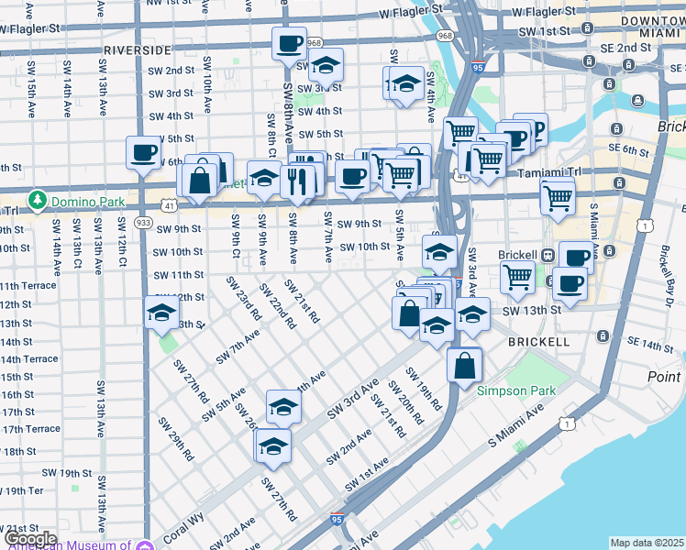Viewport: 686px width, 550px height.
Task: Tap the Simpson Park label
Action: (x=515, y=390)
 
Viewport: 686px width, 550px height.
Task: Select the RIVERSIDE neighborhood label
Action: (x=137, y=49)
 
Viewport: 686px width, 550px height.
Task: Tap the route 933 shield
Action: (x=143, y=223)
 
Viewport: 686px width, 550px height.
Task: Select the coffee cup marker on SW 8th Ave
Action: (x=289, y=45)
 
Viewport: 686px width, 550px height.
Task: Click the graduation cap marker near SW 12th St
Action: (x=161, y=313)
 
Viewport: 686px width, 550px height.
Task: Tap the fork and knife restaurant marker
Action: (x=295, y=180)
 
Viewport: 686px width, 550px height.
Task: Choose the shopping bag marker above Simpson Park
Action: (x=465, y=365)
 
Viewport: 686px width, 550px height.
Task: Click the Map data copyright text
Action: (x=646, y=543)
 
